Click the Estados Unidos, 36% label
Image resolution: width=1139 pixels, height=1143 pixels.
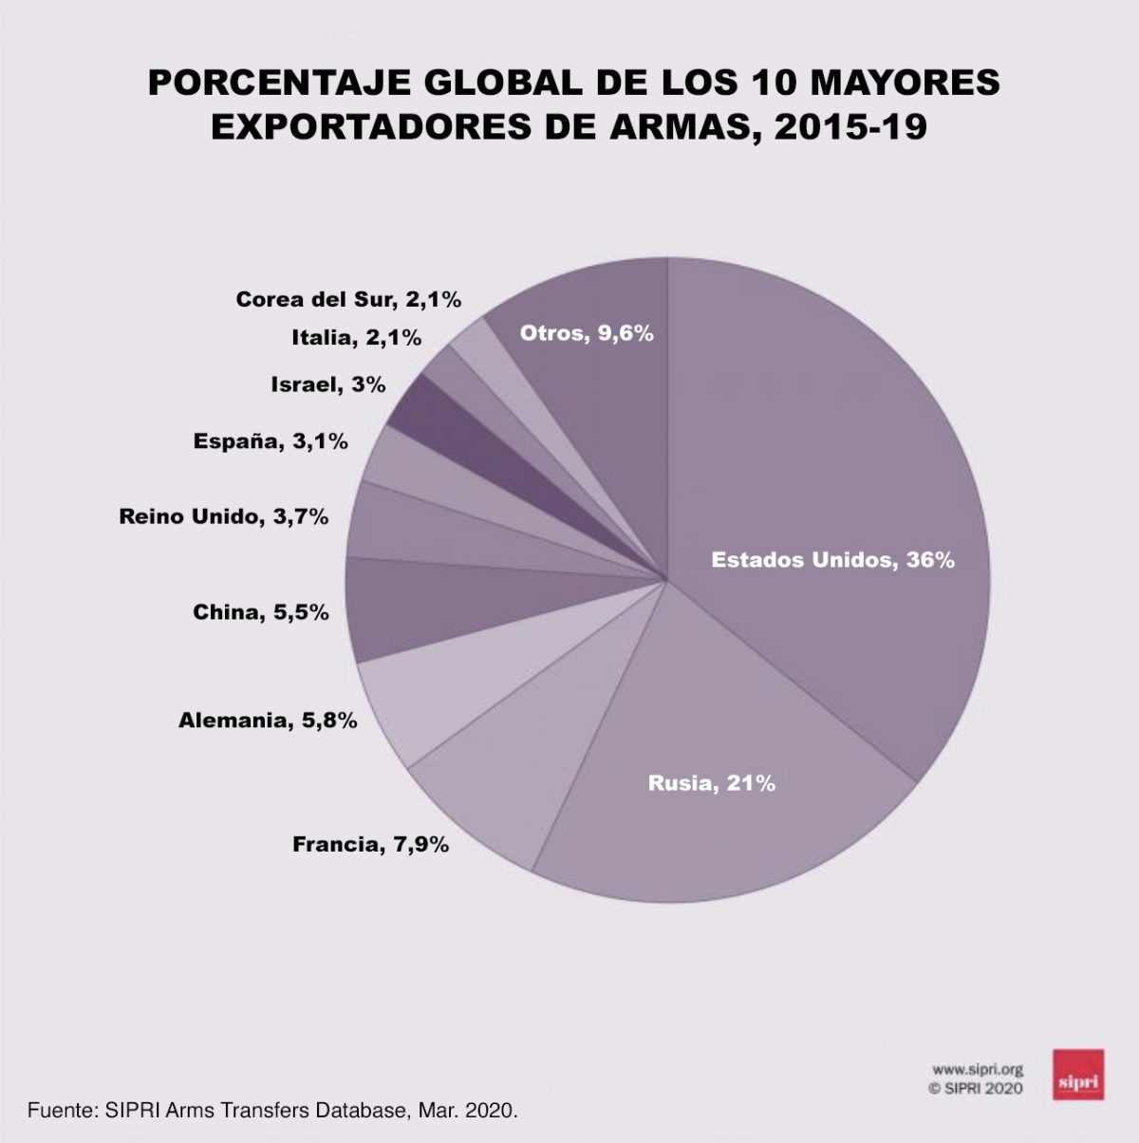(832, 560)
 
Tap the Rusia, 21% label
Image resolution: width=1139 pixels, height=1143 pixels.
(712, 783)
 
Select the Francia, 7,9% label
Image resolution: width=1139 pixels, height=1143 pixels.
(370, 843)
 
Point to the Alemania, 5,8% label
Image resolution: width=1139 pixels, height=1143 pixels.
(268, 721)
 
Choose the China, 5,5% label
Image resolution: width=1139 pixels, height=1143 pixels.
(261, 612)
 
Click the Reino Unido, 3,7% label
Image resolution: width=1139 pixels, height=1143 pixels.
(224, 516)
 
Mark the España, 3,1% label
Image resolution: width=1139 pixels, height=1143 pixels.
(271, 440)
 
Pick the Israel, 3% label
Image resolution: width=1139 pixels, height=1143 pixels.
(327, 384)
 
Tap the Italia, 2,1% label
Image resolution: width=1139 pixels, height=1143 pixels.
(356, 337)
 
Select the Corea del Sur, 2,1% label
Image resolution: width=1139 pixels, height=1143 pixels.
(348, 300)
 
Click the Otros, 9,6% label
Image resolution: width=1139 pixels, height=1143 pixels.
(587, 333)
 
